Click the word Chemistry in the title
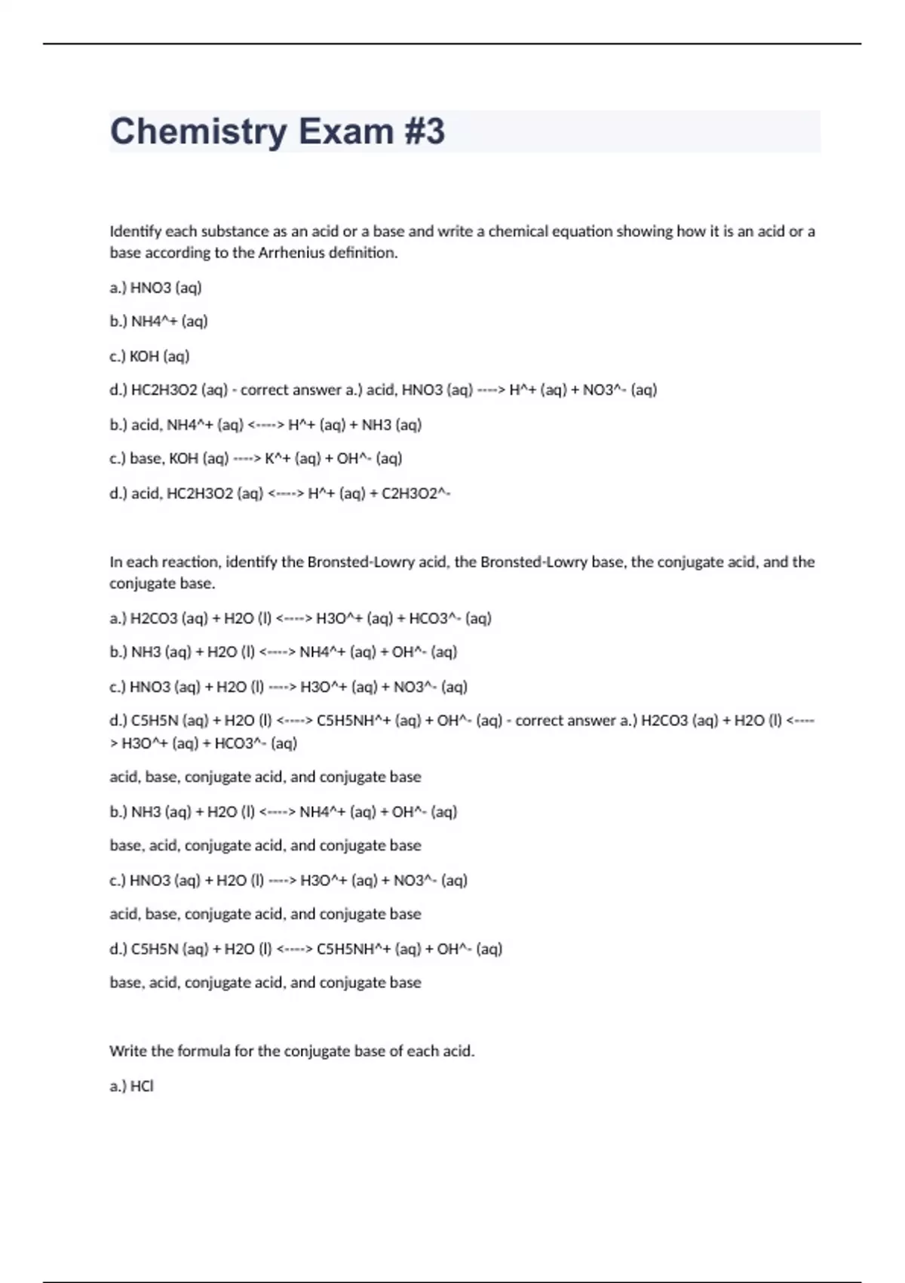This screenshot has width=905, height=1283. tap(198, 131)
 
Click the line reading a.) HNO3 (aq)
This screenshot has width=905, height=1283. tap(156, 288)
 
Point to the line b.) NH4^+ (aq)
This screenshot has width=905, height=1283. tap(158, 322)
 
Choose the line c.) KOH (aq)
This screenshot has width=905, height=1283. tap(149, 356)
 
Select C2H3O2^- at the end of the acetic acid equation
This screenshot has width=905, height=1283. tap(416, 494)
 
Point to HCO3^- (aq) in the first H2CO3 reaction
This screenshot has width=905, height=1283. tap(449, 619)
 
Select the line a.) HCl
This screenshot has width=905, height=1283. tap(131, 1086)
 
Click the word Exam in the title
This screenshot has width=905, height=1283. tap(346, 131)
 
